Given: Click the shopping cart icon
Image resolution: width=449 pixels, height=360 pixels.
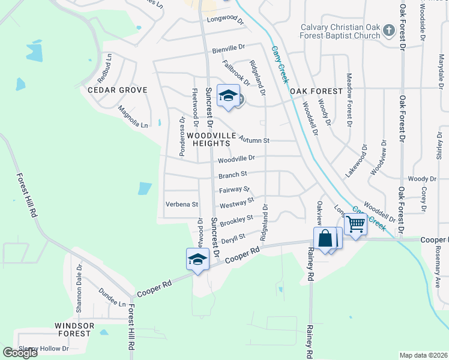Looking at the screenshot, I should [x=356, y=224].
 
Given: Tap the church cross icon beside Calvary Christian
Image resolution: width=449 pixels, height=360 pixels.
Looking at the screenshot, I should [x=388, y=30].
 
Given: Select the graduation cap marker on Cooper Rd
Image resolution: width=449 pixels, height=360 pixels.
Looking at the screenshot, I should [x=197, y=260].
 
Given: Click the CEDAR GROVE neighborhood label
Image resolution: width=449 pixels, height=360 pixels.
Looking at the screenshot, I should [x=117, y=90].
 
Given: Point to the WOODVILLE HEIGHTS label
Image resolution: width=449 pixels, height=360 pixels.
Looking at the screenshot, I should [x=208, y=140].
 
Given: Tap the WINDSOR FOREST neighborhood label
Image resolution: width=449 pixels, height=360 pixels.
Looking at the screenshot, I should [x=74, y=329].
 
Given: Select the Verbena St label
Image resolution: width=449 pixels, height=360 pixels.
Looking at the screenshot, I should [x=182, y=205].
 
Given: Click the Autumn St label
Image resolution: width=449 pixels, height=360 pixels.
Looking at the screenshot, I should [x=254, y=140].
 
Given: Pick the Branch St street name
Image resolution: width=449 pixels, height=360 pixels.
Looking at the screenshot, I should [x=233, y=175].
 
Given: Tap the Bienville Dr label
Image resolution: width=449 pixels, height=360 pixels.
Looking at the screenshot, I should [x=229, y=47].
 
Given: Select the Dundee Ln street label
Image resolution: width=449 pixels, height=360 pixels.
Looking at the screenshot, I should [x=113, y=304].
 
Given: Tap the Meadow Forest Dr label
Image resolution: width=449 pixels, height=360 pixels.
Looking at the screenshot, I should [x=349, y=100].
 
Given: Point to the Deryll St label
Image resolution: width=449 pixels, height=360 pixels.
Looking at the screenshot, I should [x=234, y=238].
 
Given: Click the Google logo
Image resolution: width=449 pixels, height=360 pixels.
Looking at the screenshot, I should [x=20, y=353].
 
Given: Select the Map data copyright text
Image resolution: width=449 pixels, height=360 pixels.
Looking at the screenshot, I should [x=424, y=355].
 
